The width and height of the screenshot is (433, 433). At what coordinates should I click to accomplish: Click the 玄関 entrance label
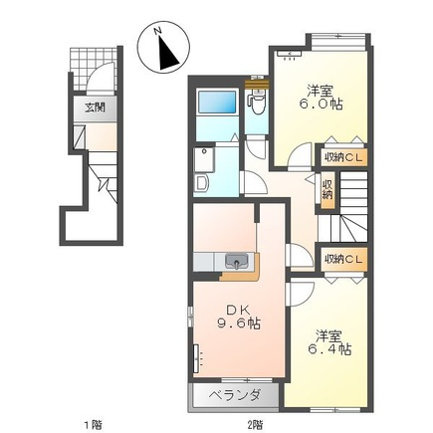(x=95, y=108)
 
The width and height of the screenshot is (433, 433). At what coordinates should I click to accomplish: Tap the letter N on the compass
(x=158, y=31)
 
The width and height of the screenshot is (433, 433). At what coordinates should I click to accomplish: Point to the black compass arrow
(x=167, y=53)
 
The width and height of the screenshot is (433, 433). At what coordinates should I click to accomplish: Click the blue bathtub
(x=217, y=103)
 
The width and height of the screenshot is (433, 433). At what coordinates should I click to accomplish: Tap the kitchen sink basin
(x=237, y=261)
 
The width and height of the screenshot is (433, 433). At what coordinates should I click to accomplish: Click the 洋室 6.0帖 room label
(x=321, y=98)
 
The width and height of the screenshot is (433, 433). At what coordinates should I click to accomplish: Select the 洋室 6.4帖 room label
(x=329, y=342)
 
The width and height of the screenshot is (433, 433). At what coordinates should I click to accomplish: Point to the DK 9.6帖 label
(x=238, y=317)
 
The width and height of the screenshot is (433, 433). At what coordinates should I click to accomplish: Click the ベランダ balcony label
(x=235, y=395)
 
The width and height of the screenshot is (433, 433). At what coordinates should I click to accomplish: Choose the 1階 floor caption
(x=93, y=423)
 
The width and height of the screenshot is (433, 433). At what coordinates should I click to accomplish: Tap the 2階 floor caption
(x=255, y=423)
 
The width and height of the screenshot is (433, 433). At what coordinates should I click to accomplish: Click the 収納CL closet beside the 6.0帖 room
(x=343, y=157)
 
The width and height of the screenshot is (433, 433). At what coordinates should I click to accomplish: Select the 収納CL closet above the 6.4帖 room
(x=343, y=259)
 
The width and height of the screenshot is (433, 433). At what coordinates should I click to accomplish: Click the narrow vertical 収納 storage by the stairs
(x=327, y=190)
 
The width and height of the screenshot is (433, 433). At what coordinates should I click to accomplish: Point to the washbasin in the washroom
(x=201, y=183)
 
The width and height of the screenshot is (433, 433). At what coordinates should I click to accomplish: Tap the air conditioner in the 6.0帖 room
(x=289, y=54)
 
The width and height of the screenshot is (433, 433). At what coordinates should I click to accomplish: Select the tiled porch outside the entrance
(x=95, y=69)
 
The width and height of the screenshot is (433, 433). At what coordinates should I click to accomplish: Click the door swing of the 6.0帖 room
(x=299, y=155)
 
